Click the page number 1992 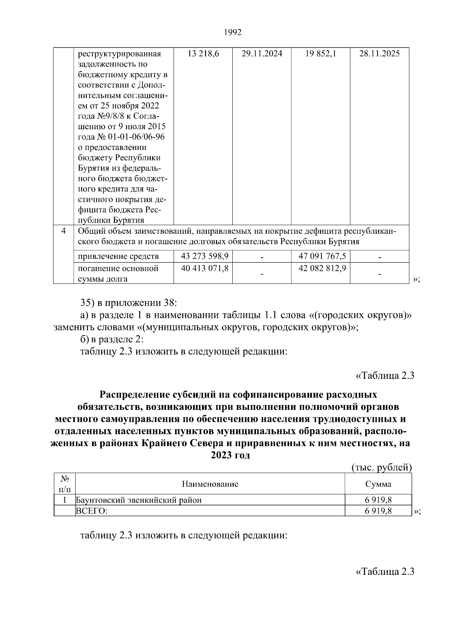233,33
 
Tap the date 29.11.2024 262,54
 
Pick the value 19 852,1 321,54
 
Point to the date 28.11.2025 379,54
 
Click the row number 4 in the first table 64,231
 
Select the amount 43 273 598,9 205,256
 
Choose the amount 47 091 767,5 322,256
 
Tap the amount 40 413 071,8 205,269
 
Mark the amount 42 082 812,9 322,269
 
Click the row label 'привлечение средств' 118,257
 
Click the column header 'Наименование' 210,484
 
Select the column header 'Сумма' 378,484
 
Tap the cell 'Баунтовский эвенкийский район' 139,500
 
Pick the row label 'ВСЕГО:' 92,511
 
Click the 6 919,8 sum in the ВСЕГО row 378,511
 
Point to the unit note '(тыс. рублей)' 382,467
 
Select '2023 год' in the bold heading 230,455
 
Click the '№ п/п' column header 65,484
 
